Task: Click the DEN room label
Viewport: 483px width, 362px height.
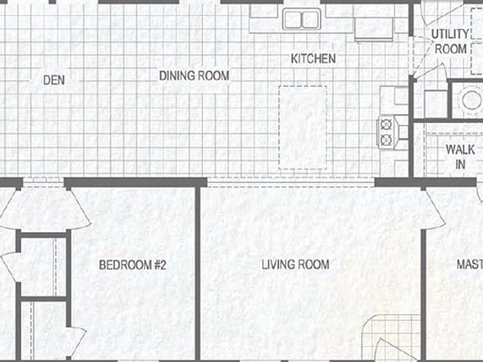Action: tap(54, 80)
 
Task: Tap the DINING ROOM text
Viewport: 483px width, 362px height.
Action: tap(195, 75)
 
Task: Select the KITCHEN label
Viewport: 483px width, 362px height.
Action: tap(313, 59)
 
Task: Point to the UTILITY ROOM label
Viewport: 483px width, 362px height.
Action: tap(449, 42)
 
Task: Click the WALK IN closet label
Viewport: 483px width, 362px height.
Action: tap(454, 157)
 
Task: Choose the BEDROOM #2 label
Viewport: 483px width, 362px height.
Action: tap(133, 265)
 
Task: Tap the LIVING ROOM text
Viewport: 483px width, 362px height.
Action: tap(295, 265)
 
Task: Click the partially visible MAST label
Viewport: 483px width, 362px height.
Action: tap(469, 265)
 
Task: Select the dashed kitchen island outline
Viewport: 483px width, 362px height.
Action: tap(303, 126)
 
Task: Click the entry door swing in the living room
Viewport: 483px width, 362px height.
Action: tap(388, 348)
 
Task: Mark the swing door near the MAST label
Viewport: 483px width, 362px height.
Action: tap(437, 208)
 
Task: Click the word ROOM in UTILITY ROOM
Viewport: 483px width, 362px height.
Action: tap(450, 49)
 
